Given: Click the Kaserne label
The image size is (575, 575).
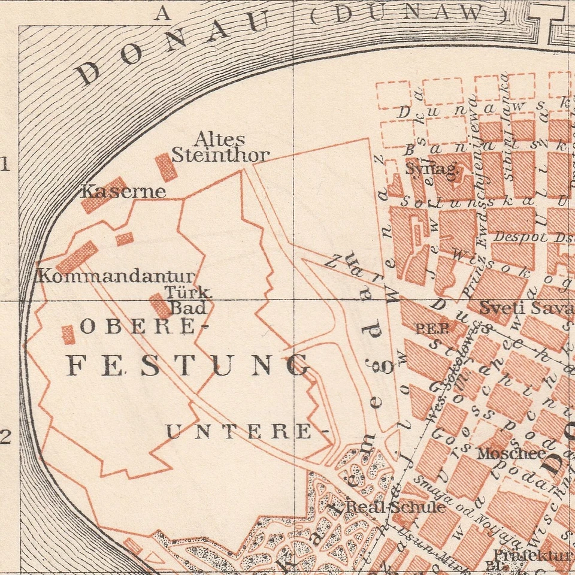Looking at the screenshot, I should (x=123, y=192).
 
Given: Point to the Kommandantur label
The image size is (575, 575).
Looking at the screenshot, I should (x=116, y=277).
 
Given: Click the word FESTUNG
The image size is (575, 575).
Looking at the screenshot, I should (x=189, y=365).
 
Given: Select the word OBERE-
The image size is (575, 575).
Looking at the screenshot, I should (x=144, y=326).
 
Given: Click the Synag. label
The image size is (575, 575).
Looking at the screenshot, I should (x=432, y=169).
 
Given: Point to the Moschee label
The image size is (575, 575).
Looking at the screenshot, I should (x=511, y=453).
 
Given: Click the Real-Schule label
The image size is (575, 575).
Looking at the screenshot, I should (x=396, y=507).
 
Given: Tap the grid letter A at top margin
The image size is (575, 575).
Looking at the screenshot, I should (x=162, y=13).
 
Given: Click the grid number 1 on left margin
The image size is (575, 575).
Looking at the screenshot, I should (x=6, y=164).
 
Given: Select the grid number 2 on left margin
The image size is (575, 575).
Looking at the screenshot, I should (x=6, y=438).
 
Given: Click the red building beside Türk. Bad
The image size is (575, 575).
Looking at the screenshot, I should (x=160, y=305).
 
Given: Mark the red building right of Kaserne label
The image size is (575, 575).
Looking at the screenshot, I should (x=166, y=167).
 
